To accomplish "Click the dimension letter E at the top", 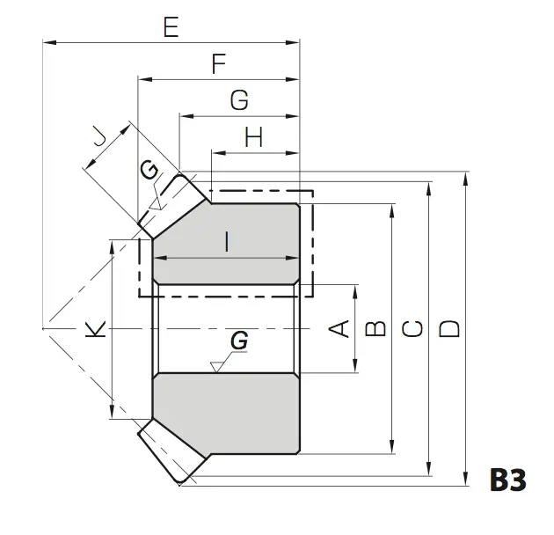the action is [x=171, y=27].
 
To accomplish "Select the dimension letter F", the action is [x=219, y=63].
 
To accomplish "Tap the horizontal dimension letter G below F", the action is [x=239, y=100].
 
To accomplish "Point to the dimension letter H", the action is [x=253, y=137].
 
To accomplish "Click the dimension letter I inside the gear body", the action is [x=227, y=241].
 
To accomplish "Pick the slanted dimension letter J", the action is [x=100, y=137].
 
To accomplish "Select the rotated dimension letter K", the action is [x=95, y=329].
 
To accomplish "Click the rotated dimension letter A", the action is [x=339, y=328].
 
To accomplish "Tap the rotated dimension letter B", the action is [x=375, y=328].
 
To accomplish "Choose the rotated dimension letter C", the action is [x=412, y=328].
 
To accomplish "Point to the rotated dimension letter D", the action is [x=449, y=328].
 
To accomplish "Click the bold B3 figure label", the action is [x=508, y=480].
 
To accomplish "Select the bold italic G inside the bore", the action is [x=239, y=341].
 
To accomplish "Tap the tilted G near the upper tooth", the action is [x=149, y=170].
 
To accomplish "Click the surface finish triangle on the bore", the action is [x=215, y=368].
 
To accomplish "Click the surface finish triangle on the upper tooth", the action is [x=155, y=204].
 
